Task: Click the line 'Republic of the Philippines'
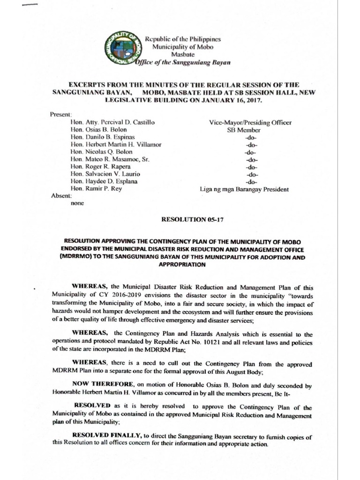click(183, 39)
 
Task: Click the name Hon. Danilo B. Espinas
click(102, 137)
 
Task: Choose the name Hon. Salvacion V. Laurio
click(105, 174)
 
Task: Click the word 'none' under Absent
click(77, 204)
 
